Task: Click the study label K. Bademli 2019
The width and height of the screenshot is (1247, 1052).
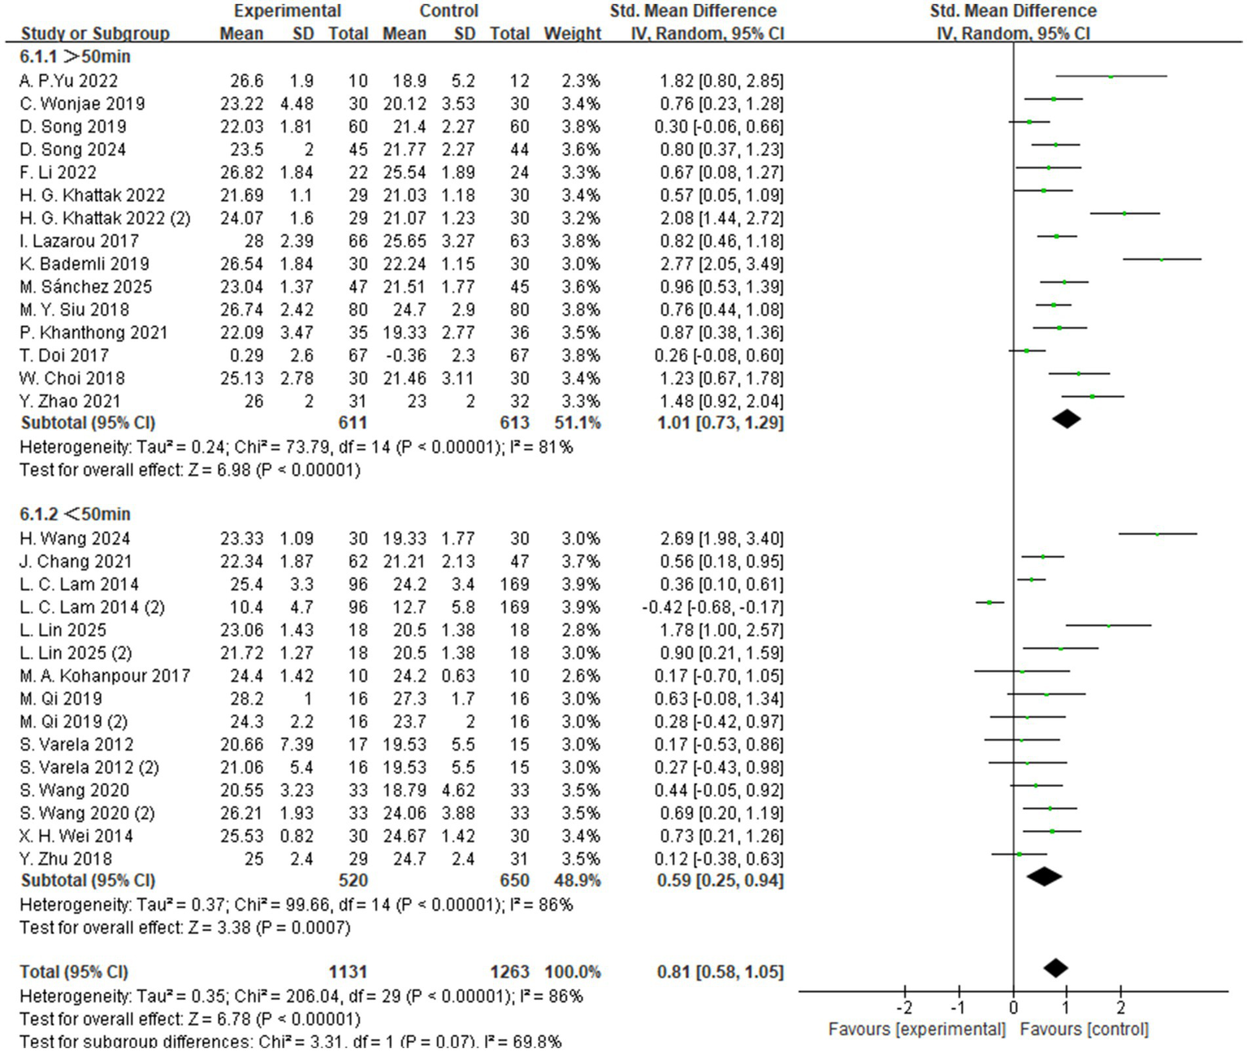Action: [84, 264]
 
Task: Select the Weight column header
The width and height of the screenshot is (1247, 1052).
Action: [572, 34]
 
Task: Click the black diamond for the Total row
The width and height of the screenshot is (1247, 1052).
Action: [1055, 967]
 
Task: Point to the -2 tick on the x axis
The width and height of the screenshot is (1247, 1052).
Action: [905, 1008]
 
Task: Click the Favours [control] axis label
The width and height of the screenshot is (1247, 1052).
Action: [1084, 1029]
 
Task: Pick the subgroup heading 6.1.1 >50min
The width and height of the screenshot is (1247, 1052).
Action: [75, 57]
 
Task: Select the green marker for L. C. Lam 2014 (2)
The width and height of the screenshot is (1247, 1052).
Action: [989, 602]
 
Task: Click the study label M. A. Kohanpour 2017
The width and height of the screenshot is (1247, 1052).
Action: [105, 676]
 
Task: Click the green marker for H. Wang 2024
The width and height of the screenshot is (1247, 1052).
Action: [1157, 534]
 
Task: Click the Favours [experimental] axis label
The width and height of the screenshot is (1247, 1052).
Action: [916, 1029]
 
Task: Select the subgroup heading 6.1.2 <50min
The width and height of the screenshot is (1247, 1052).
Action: [75, 515]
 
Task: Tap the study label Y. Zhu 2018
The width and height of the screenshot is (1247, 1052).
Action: [66, 859]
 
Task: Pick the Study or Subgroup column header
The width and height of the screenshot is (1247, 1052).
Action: [95, 34]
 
